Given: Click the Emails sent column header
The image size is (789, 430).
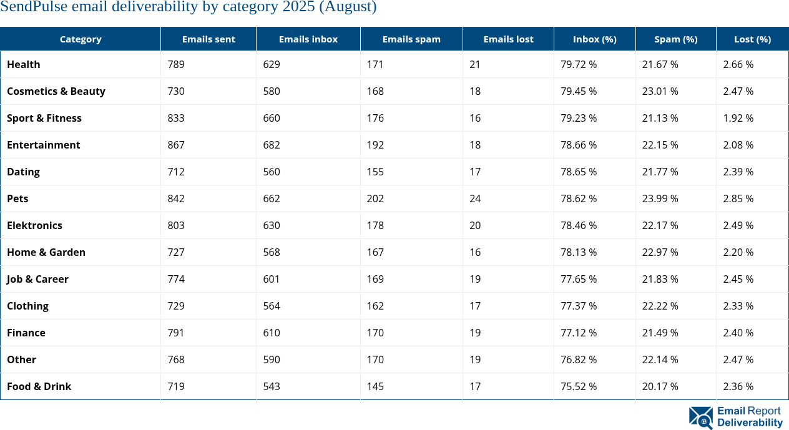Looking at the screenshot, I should (208, 39).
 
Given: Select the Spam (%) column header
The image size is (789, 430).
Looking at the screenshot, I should (675, 39).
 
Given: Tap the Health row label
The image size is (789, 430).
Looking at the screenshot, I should (24, 64).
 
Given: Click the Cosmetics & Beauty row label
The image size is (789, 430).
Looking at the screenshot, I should (56, 91).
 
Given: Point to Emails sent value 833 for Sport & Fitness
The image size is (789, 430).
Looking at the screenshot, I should (176, 118).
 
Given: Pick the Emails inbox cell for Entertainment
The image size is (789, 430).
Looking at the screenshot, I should (272, 145).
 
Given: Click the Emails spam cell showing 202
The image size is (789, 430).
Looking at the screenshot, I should (375, 198).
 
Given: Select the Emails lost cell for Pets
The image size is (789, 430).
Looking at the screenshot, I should (475, 198).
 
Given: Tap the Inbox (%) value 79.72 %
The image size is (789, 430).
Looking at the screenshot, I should (579, 64).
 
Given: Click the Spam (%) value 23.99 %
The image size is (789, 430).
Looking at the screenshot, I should (660, 198).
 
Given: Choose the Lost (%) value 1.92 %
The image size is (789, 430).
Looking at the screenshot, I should (738, 118).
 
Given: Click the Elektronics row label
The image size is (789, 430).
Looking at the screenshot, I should (35, 225).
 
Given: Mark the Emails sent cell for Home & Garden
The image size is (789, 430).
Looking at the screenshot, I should (176, 252).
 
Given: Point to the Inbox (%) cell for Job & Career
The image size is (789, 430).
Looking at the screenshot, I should (579, 279).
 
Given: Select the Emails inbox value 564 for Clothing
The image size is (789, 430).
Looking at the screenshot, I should (272, 306).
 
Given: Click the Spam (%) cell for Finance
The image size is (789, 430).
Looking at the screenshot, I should (660, 333).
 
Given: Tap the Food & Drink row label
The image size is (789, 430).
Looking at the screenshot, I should (39, 386).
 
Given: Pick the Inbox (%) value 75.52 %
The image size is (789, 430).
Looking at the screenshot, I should (579, 386).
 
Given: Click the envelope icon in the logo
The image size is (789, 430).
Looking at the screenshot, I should (700, 418).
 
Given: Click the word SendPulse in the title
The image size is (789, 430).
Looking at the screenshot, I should (32, 7).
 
